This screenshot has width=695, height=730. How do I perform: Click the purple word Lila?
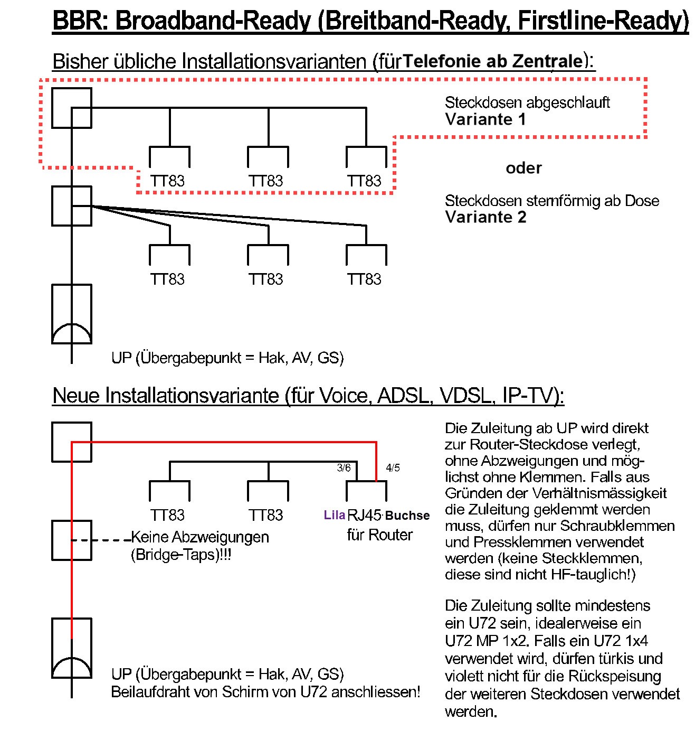tap(334, 515)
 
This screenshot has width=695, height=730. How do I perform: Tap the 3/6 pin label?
tap(344, 467)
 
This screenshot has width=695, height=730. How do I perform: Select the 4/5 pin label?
tap(393, 467)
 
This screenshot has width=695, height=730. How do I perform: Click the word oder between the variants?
tap(523, 168)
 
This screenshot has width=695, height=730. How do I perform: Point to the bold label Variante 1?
tap(485, 119)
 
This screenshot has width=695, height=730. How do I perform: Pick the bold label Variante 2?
tap(485, 217)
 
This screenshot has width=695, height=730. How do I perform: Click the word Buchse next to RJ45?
tap(408, 516)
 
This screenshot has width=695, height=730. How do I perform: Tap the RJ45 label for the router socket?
tap(364, 515)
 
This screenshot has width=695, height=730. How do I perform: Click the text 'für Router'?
tap(379, 535)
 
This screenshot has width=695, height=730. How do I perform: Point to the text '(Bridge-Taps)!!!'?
tap(181, 555)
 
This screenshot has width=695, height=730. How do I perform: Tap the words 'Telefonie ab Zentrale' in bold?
tap(492, 61)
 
